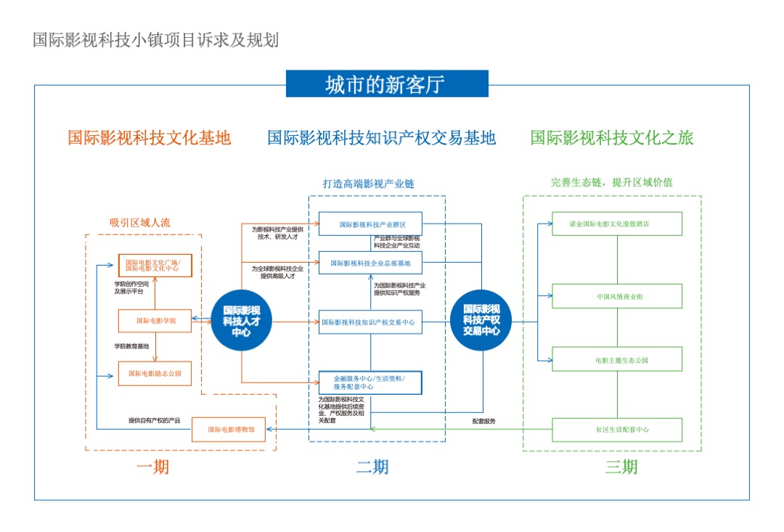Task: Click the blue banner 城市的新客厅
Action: (x=387, y=84)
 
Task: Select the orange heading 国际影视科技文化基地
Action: (x=150, y=137)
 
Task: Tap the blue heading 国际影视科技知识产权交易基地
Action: (x=381, y=137)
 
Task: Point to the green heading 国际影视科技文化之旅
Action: (x=611, y=137)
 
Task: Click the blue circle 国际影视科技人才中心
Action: (x=241, y=321)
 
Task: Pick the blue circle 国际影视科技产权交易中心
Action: (x=481, y=320)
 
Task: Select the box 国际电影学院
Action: (x=155, y=320)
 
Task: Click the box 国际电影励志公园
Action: (x=155, y=373)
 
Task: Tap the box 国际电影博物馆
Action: (x=228, y=430)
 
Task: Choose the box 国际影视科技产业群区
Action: (x=370, y=224)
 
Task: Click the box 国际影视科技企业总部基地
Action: (x=370, y=263)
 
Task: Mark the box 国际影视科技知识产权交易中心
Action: (x=370, y=322)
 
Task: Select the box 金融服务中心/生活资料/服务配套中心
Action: (x=370, y=382)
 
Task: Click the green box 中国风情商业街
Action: (x=617, y=296)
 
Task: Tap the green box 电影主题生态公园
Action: (x=617, y=359)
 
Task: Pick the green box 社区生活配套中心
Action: (x=617, y=430)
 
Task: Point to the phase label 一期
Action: (x=152, y=467)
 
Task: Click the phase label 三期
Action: (x=621, y=467)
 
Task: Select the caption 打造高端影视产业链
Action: (x=368, y=184)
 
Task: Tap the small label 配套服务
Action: (x=483, y=421)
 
